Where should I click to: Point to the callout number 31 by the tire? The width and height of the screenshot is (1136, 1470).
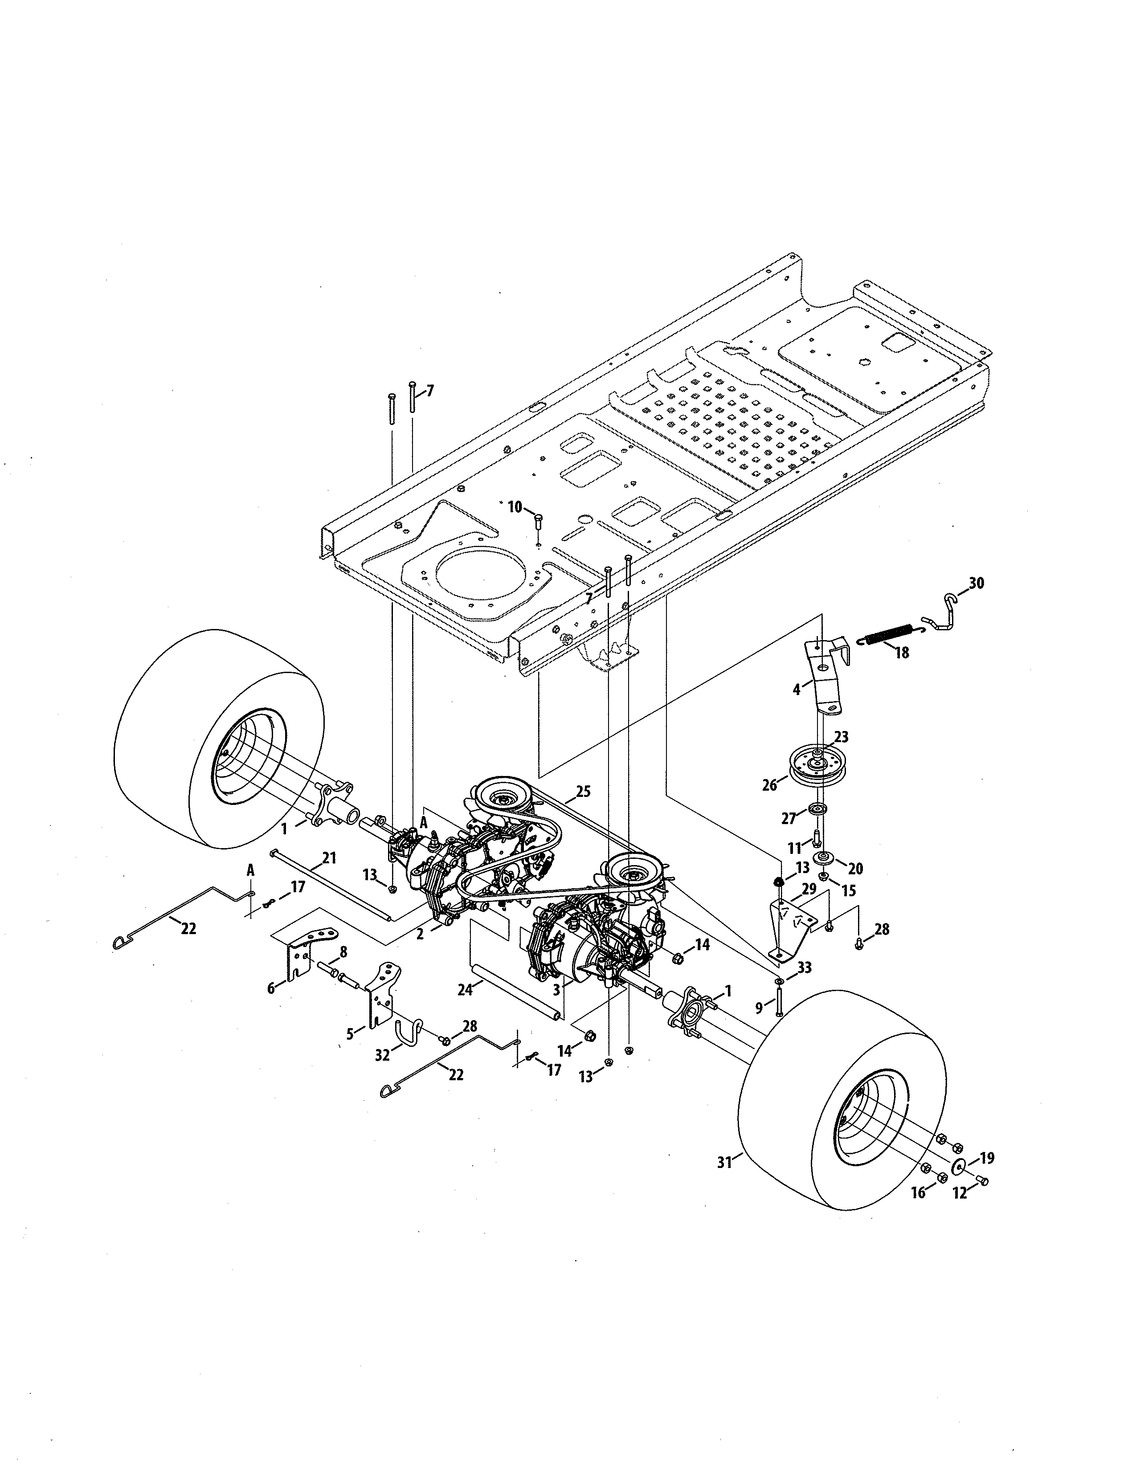click(724, 1162)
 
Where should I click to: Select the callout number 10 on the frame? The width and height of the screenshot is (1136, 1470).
click(515, 507)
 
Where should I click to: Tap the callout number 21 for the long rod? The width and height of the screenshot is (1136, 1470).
click(329, 858)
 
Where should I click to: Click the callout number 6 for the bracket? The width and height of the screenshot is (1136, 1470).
click(271, 988)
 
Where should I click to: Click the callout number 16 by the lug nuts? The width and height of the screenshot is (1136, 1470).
click(918, 1192)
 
